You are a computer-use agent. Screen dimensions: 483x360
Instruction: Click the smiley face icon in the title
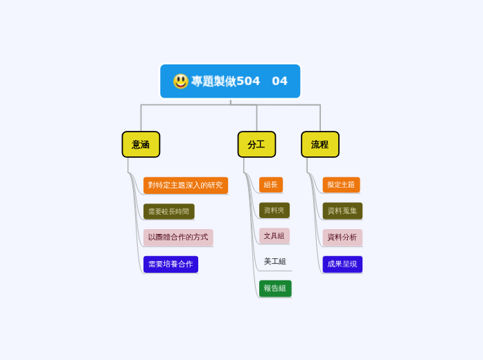coord(181,81)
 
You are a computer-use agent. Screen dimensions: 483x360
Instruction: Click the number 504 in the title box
coord(248,81)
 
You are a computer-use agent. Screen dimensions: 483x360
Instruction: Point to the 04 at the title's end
coord(279,81)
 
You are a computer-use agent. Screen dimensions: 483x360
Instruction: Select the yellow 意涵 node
coord(141,145)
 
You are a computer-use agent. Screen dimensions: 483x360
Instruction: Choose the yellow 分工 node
coord(256,145)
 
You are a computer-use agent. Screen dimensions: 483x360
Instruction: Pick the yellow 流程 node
coord(319,145)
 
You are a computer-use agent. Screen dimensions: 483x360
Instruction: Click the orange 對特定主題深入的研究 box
coord(186,185)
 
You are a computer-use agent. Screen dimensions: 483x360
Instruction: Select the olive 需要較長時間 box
coord(168,211)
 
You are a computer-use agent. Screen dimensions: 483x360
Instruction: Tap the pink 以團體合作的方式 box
coord(178,237)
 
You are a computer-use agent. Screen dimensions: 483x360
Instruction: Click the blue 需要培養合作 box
coord(170,264)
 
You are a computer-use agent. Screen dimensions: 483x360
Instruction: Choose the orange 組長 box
coord(271,185)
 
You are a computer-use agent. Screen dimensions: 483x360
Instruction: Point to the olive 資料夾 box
coord(274,210)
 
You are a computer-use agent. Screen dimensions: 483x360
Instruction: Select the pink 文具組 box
coord(274,235)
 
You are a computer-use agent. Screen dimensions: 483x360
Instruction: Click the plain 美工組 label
coord(275,261)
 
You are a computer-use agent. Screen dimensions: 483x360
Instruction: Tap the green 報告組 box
coord(275,288)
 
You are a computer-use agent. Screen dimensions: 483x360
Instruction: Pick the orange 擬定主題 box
coord(341,185)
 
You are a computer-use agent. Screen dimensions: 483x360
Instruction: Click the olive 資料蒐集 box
coord(342,210)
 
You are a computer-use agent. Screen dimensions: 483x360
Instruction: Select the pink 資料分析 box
coord(342,237)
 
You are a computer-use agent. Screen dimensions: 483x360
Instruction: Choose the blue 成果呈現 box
coord(342,264)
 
